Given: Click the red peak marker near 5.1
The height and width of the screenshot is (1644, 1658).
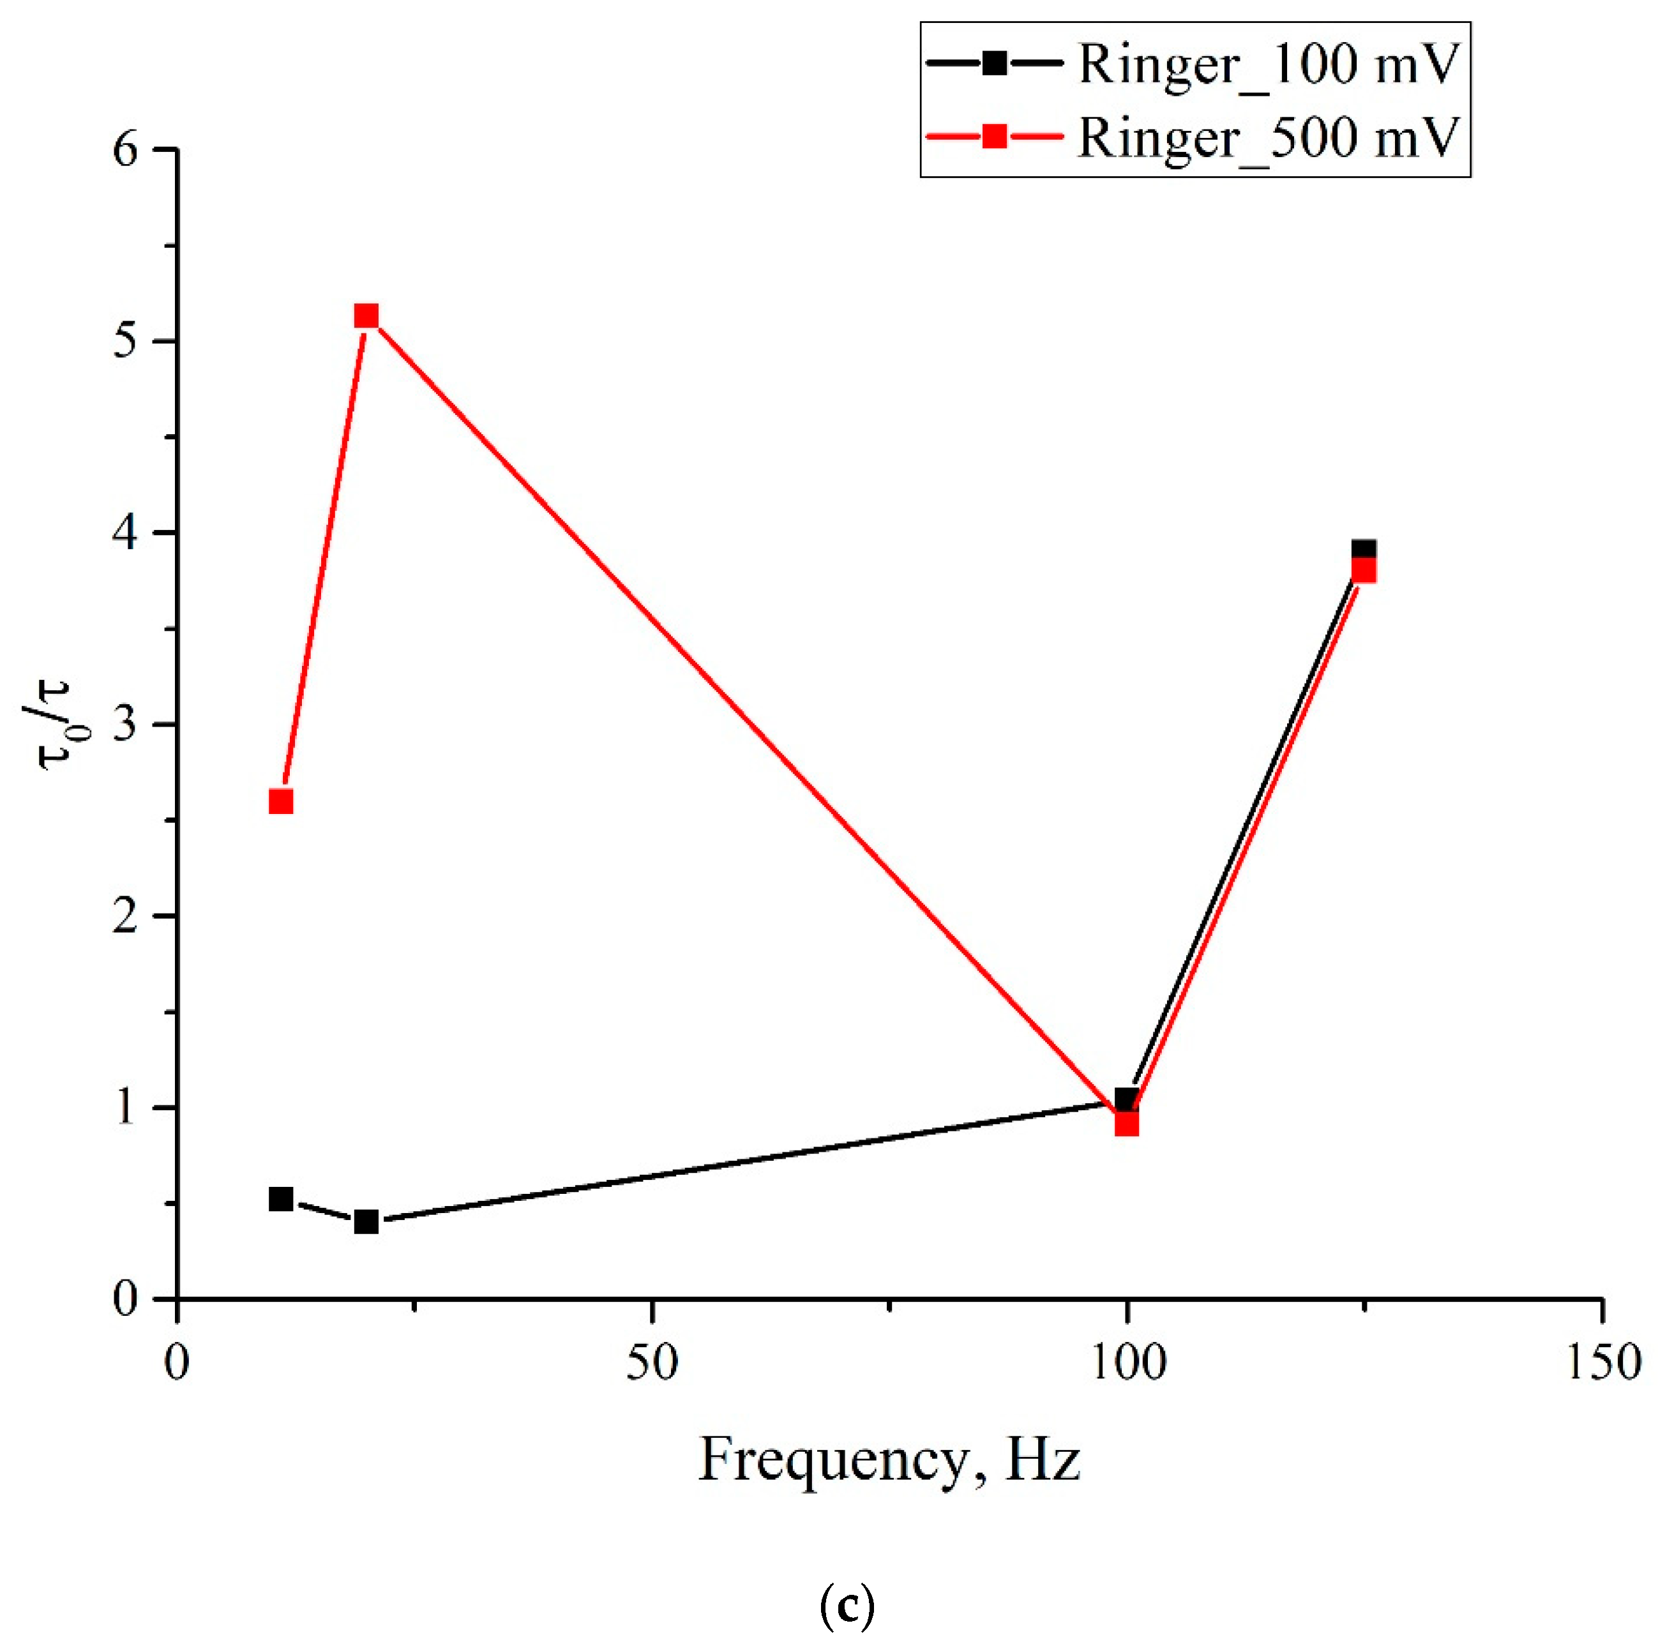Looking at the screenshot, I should pyautogui.click(x=366, y=317).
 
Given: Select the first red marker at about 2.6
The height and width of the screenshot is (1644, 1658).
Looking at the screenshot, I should pyautogui.click(x=281, y=801).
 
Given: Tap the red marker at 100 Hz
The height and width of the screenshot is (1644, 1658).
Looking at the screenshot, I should pyautogui.click(x=1126, y=1123).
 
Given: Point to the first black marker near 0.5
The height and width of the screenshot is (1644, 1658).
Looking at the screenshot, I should pyautogui.click(x=281, y=1198).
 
